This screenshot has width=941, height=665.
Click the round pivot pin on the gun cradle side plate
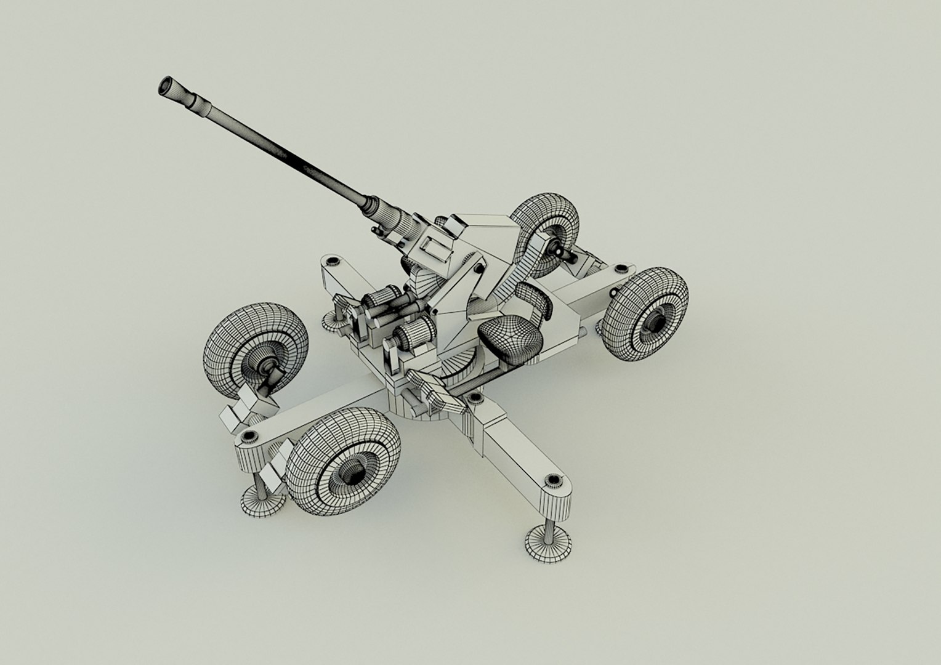(x=477, y=267)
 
